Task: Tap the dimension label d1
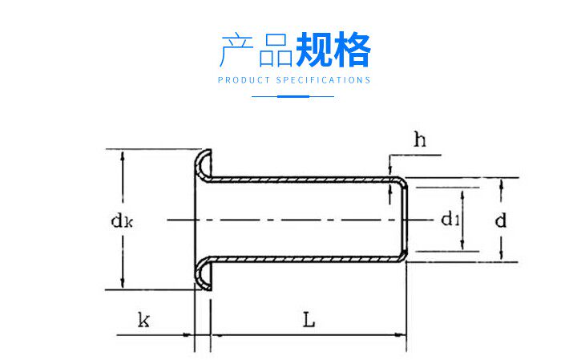450,219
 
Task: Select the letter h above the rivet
419,140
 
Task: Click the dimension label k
143,321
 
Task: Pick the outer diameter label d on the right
501,219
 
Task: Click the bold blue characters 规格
333,51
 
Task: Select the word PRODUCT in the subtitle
244,80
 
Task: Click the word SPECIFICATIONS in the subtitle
324,80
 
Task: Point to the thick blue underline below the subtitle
293,96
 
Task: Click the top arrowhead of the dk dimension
122,156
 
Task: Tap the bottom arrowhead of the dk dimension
122,283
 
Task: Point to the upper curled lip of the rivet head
204,161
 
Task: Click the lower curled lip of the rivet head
204,276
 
